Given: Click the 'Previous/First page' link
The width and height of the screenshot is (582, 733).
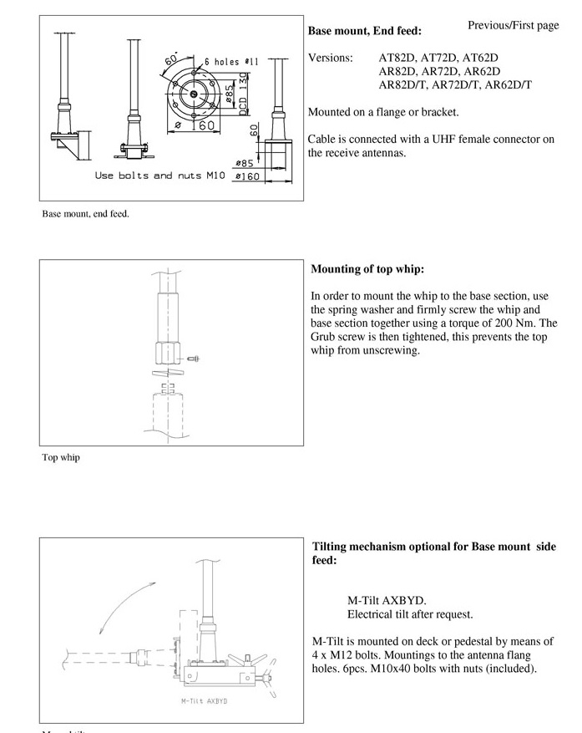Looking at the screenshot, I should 513,25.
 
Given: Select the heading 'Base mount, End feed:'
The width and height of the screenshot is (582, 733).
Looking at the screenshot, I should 365,32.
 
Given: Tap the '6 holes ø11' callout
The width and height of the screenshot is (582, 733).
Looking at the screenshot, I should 232,62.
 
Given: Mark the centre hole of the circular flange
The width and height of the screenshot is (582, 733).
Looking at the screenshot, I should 193,94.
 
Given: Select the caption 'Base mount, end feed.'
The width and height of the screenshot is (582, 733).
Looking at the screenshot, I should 85,214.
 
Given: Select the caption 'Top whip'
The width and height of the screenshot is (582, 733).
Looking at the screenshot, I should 61,457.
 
